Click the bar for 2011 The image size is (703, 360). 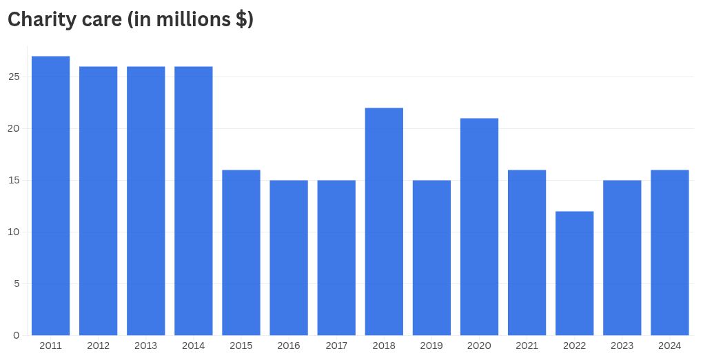(x=50, y=196)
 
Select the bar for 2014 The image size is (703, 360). (x=194, y=201)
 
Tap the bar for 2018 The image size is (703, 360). (x=384, y=221)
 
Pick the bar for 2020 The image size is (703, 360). (x=479, y=227)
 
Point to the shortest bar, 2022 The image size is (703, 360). (x=574, y=273)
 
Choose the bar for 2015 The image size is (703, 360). (x=241, y=252)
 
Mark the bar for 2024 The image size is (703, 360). (x=669, y=252)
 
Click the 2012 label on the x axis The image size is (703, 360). (x=99, y=346)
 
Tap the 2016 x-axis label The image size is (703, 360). (x=289, y=346)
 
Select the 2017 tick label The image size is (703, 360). (x=336, y=346)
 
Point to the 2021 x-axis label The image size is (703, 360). (x=527, y=346)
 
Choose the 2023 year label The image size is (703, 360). (x=622, y=346)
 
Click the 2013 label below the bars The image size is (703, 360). (x=146, y=346)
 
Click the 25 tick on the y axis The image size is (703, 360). (x=14, y=77)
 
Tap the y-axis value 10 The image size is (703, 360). (x=14, y=232)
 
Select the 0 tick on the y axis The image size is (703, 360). (x=17, y=335)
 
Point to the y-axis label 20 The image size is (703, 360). (x=14, y=128)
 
